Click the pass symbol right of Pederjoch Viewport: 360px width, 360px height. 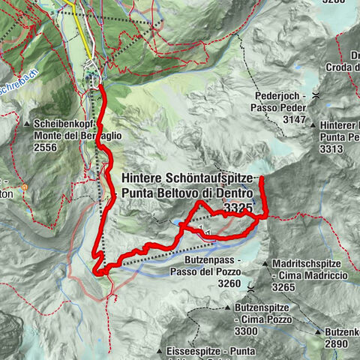pos(317,96)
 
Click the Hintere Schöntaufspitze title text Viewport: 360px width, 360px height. pos(193,179)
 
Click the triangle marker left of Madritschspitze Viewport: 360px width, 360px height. pos(267,265)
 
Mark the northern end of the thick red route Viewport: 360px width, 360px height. pos(100,87)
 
